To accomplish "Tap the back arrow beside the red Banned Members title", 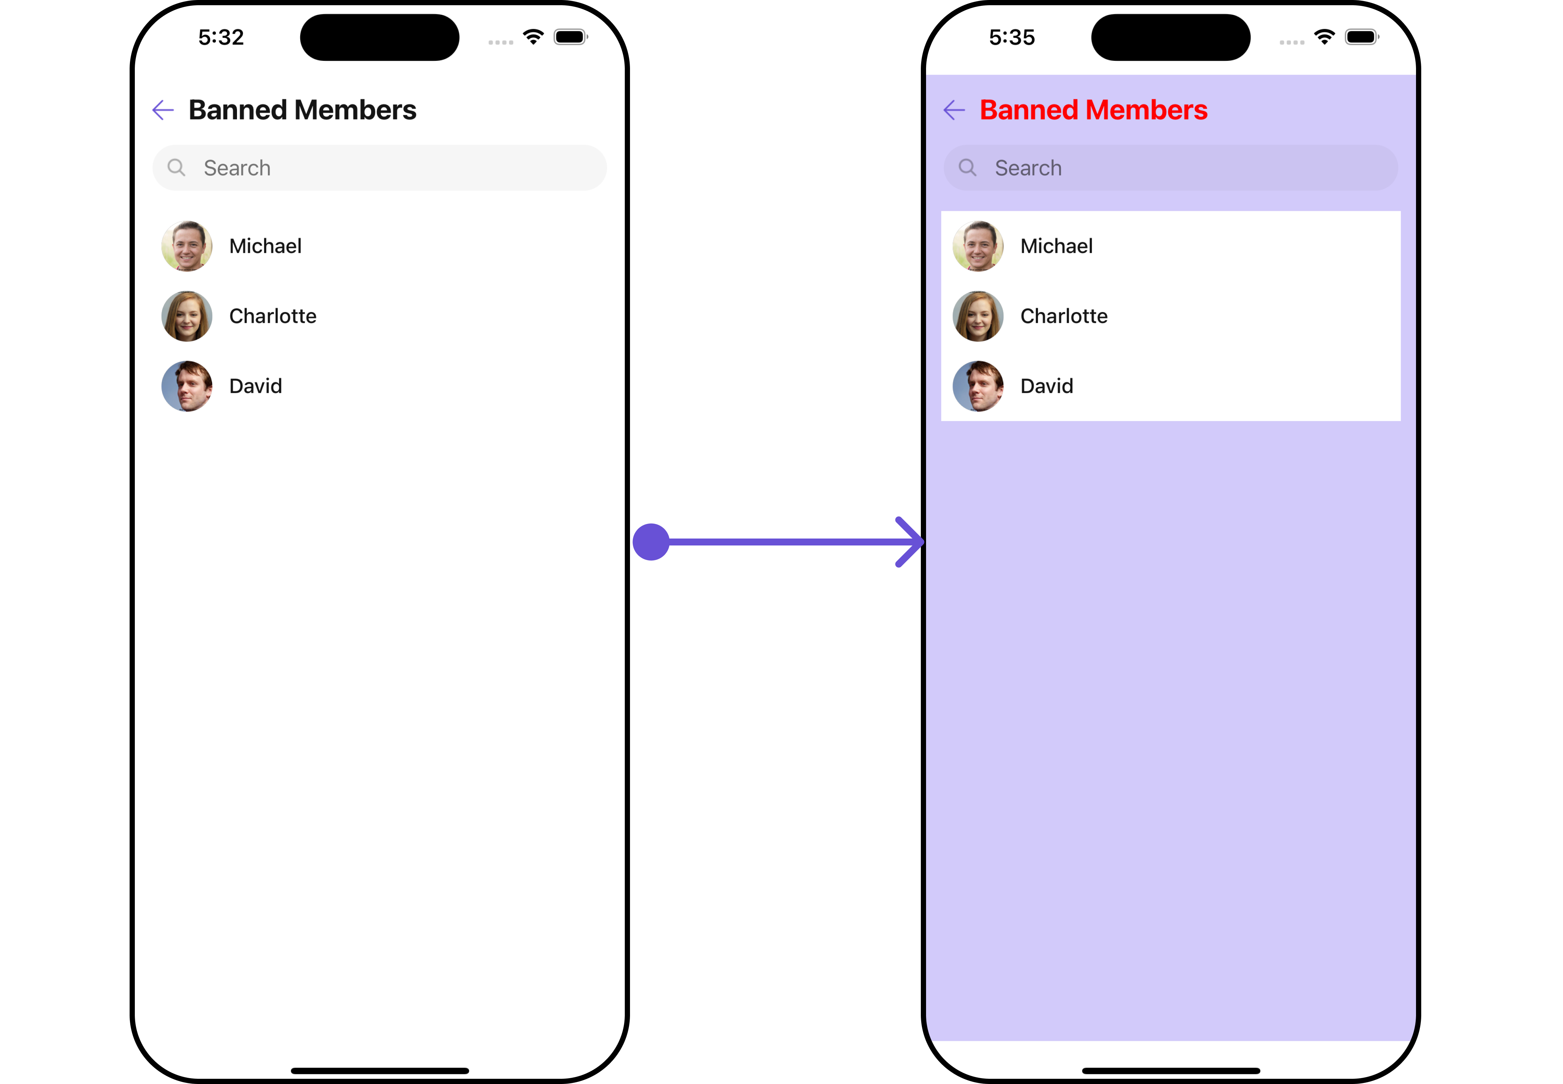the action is click(954, 110).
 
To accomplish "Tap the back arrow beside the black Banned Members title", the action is click(163, 110).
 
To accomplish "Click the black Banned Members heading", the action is click(302, 110).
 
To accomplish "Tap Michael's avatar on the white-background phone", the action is click(187, 246).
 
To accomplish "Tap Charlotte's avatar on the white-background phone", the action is click(187, 316).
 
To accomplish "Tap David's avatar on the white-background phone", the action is click(187, 386).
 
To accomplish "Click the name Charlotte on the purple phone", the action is click(1064, 316).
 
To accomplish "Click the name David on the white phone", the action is click(255, 386).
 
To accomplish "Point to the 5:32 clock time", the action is click(221, 38).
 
